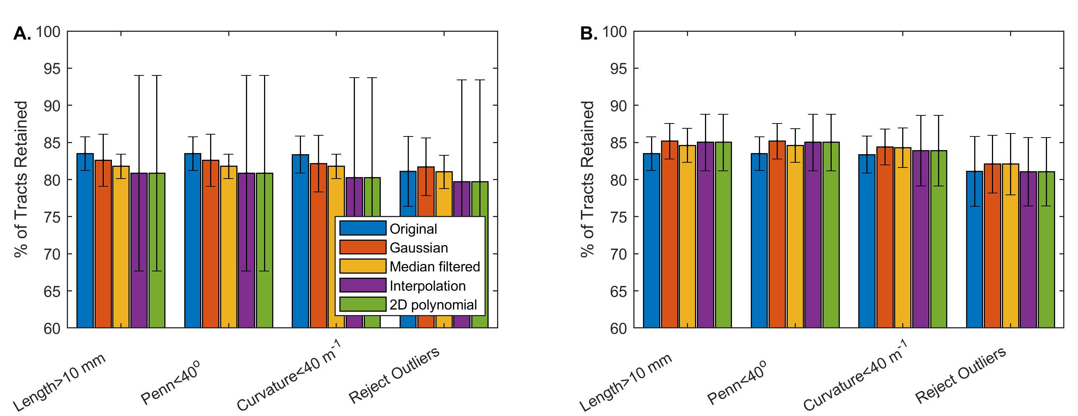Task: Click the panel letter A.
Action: click(x=22, y=34)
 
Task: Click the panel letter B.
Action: click(x=588, y=34)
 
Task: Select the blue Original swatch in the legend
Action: click(x=362, y=228)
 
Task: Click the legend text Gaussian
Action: click(x=418, y=248)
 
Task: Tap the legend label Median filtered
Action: click(x=434, y=267)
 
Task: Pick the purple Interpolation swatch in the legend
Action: click(x=362, y=285)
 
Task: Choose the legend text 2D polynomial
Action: click(x=433, y=305)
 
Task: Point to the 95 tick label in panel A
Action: click(x=52, y=68)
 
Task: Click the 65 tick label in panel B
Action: click(x=619, y=291)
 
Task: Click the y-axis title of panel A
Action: click(x=21, y=179)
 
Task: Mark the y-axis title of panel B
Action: click(x=588, y=179)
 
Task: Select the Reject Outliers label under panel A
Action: click(x=394, y=375)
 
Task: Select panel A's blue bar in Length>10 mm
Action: click(x=85, y=241)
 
